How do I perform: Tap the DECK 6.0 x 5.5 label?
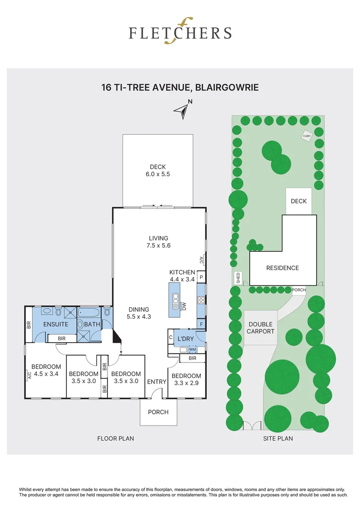[158, 170]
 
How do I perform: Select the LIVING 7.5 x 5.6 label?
[158, 242]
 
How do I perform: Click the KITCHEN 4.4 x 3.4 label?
[182, 276]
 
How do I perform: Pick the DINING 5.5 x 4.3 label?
[139, 313]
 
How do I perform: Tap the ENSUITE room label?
[56, 324]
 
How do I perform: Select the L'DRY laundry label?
[186, 339]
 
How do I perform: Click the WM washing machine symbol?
[192, 349]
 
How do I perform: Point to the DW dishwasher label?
[184, 307]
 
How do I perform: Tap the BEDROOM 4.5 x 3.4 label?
[46, 370]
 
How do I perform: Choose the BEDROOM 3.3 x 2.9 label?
[186, 379]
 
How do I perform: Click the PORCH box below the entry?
[158, 412]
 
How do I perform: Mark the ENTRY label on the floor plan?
[157, 381]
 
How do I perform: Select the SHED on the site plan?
[238, 278]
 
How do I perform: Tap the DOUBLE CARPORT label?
[261, 328]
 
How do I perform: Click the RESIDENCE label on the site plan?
[282, 268]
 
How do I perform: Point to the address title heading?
[180, 87]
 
